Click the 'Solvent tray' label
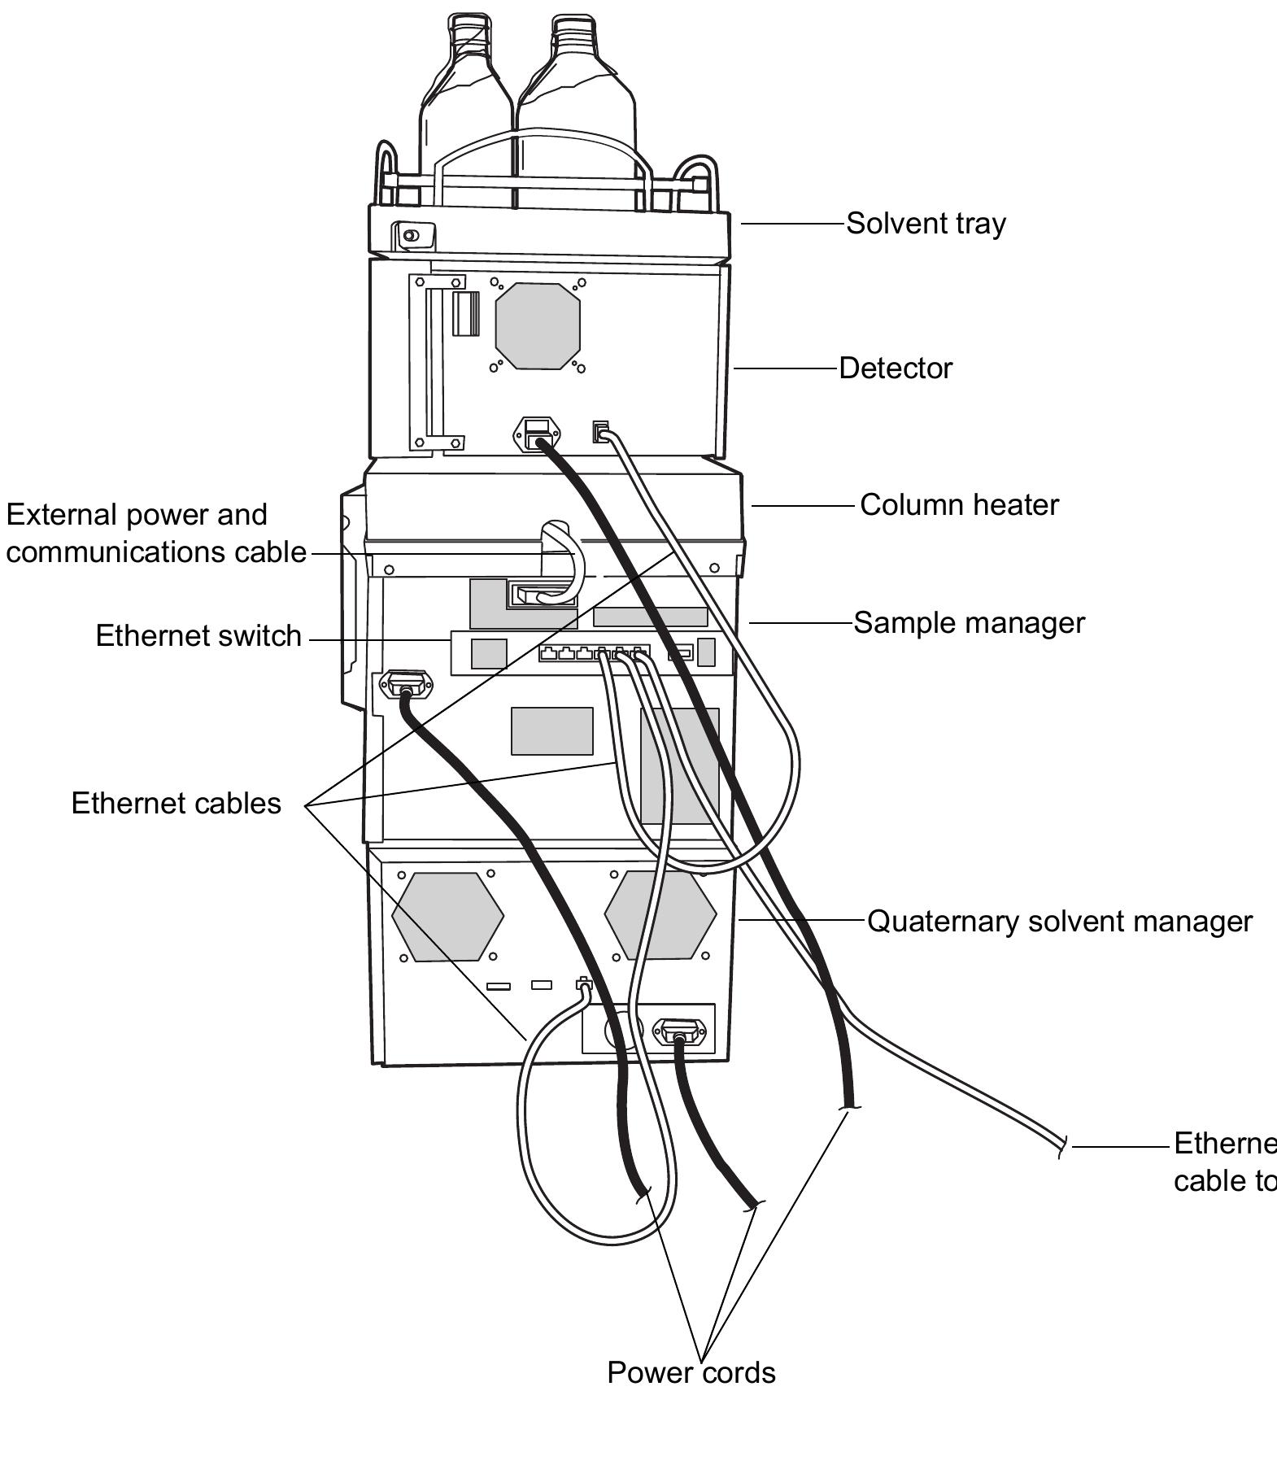click(926, 224)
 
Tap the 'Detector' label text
click(895, 368)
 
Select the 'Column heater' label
click(959, 505)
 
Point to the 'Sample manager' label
click(969, 623)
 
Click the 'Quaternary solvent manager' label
click(1059, 922)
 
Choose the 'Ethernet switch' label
click(198, 636)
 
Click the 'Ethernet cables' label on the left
click(176, 804)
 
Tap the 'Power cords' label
click(691, 1373)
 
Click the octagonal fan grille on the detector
click(538, 326)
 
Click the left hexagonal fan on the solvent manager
click(447, 916)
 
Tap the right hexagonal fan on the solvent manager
click(660, 916)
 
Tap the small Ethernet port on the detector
click(600, 431)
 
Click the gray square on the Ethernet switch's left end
click(489, 654)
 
